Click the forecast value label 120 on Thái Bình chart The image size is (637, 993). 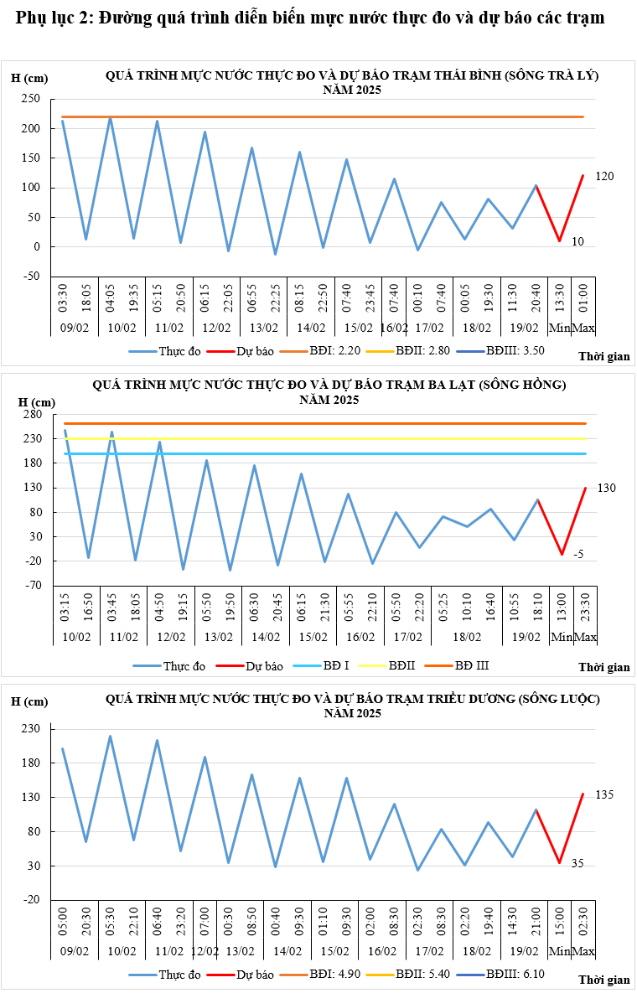605,177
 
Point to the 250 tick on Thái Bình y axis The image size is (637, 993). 31,99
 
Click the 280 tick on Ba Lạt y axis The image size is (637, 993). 31,414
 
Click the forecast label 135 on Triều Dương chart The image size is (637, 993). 605,794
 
